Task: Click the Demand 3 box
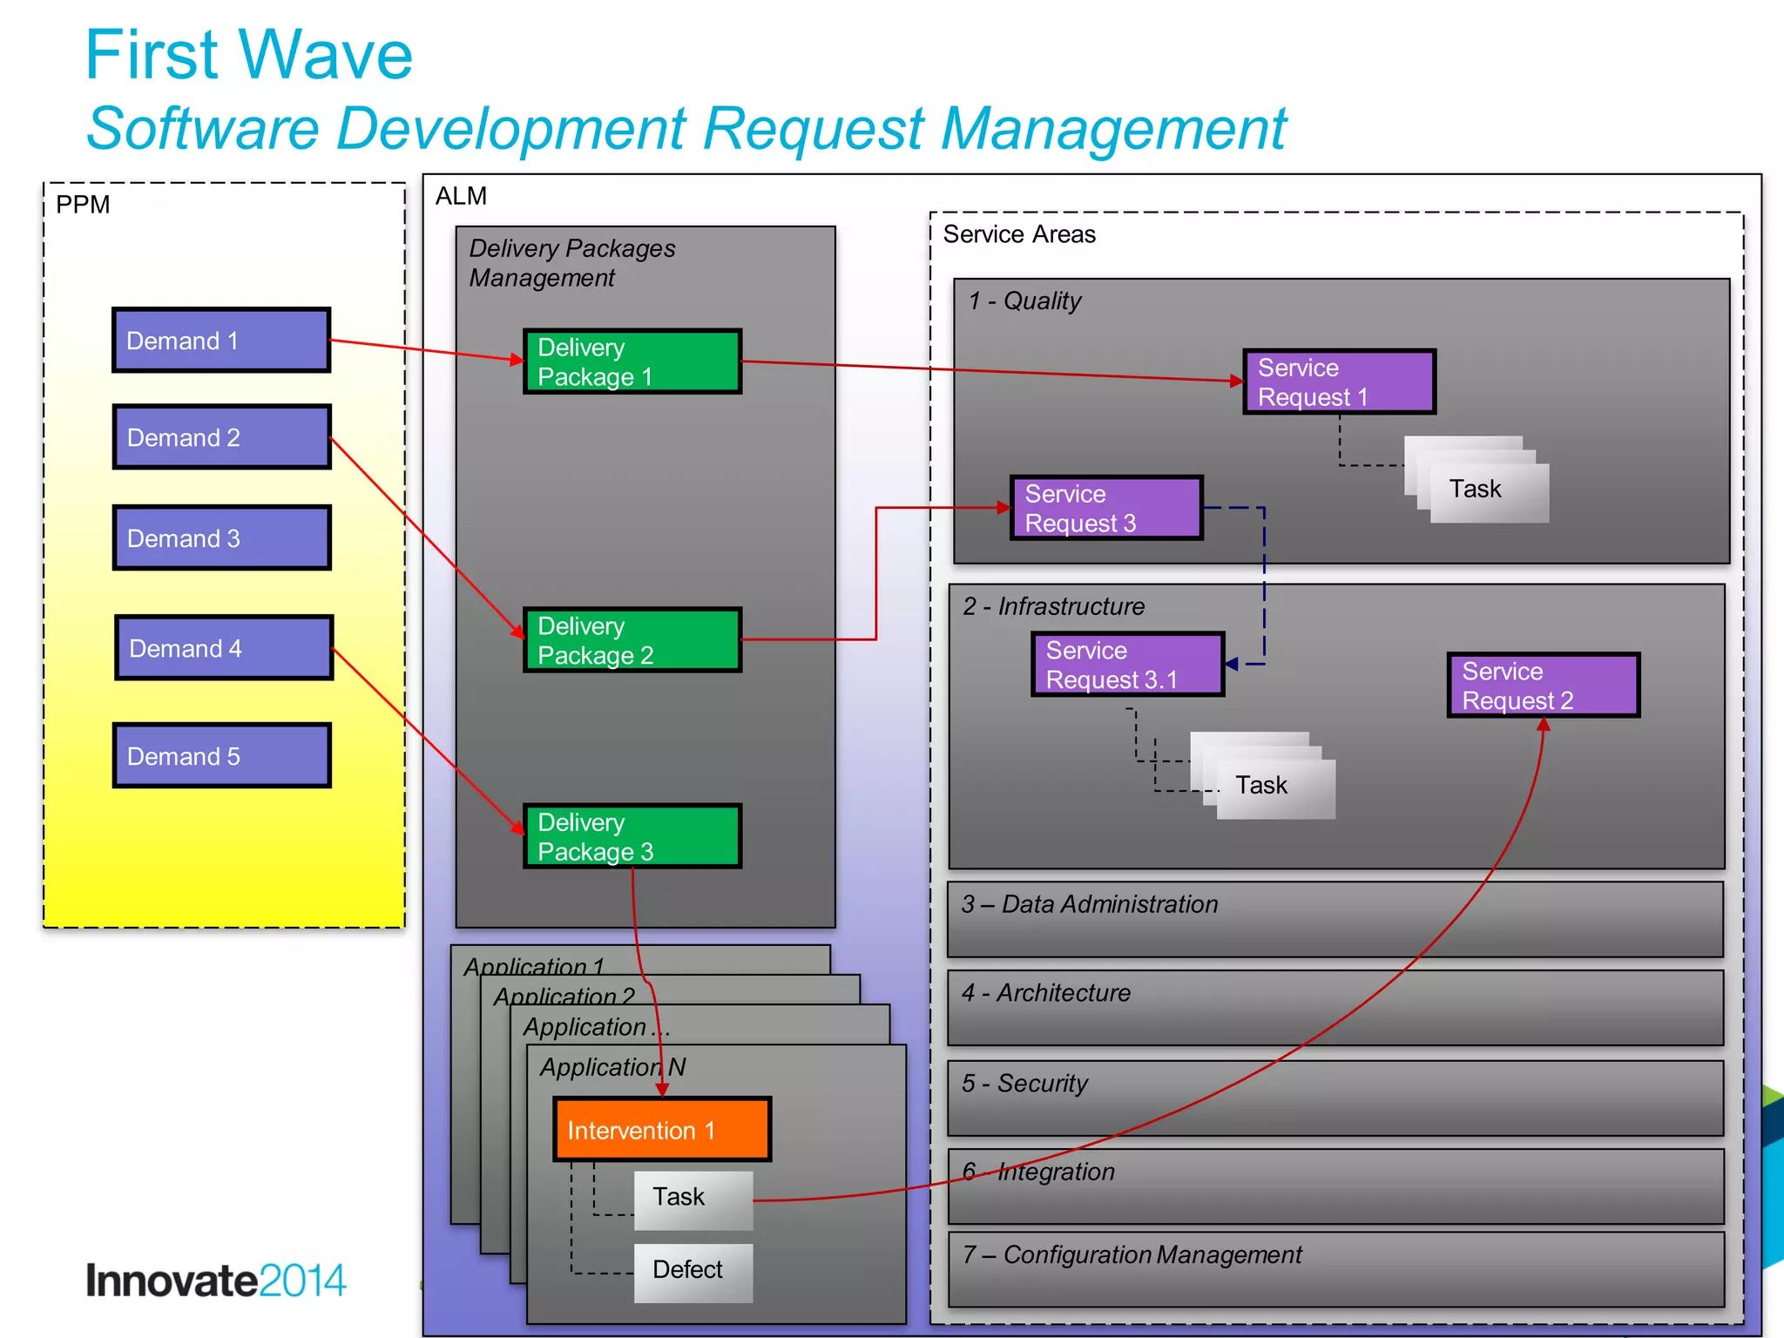click(x=222, y=537)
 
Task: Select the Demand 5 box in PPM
click(x=222, y=755)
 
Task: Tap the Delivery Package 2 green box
click(x=632, y=640)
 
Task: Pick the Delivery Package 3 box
click(x=632, y=836)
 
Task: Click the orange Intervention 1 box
click(x=662, y=1129)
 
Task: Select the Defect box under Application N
click(x=693, y=1270)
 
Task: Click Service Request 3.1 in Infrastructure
click(x=1128, y=665)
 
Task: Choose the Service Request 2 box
click(x=1543, y=686)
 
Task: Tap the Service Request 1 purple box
click(x=1339, y=382)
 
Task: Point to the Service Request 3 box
click(x=1106, y=508)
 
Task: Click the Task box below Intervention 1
click(x=693, y=1199)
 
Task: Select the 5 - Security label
click(x=1024, y=1083)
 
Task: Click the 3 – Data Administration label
click(x=1089, y=904)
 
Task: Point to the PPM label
click(x=83, y=205)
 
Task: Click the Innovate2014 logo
click(x=215, y=1281)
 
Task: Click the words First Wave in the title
click(x=248, y=55)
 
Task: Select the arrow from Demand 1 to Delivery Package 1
click(x=427, y=350)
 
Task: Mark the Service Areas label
click(x=1019, y=234)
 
